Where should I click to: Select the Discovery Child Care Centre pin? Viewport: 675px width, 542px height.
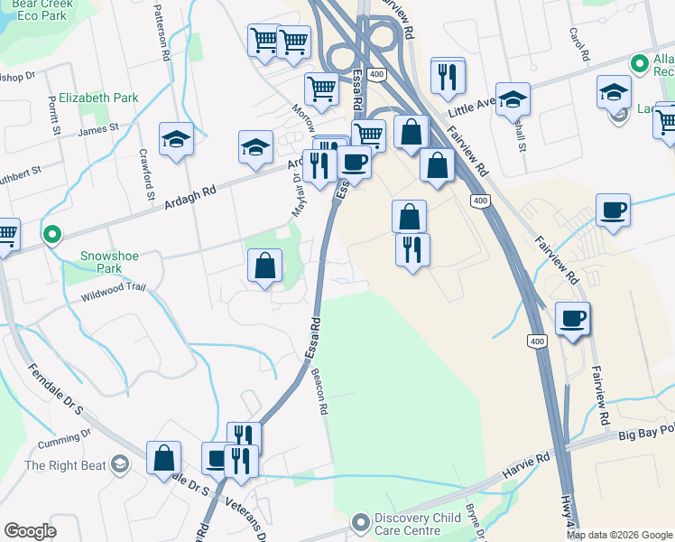361,523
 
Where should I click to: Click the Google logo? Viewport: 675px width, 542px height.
30,531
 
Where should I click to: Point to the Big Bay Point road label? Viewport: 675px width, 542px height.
646,435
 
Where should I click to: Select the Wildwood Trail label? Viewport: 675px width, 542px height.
113,291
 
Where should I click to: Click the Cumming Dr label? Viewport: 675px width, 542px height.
72,435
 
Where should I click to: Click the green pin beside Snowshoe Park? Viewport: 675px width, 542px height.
52,236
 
